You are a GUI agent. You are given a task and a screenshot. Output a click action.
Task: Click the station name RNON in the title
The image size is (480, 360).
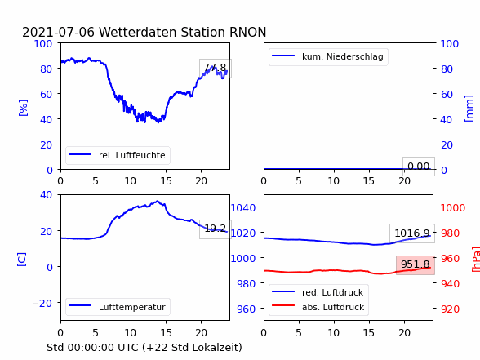coord(247,32)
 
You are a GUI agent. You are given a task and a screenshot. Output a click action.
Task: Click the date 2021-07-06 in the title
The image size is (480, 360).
coord(58,32)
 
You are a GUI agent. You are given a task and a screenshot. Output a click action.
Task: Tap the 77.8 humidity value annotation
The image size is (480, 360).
coord(215,67)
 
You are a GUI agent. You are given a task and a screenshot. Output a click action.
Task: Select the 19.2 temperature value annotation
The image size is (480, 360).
coord(216,229)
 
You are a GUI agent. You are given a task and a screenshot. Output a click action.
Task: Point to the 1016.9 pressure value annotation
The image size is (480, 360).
coord(412,233)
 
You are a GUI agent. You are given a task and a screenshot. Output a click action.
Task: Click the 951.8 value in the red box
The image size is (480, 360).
coord(415,264)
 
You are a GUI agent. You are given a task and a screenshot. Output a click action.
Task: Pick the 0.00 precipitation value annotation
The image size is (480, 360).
coord(419,167)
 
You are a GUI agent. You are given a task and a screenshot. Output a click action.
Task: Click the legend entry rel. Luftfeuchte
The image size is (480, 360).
coord(118,155)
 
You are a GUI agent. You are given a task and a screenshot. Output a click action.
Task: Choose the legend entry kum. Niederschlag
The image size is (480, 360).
coord(328,56)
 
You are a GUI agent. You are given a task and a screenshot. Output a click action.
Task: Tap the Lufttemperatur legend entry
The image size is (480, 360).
coord(118,307)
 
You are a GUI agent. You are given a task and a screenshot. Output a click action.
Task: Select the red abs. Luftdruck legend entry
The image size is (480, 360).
coord(318,307)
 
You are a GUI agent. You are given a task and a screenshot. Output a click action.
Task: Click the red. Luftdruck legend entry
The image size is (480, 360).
coord(318,292)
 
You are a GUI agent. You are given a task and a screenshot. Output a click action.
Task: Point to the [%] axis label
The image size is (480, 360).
coord(23,108)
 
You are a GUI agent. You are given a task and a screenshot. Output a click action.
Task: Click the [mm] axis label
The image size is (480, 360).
coord(469,109)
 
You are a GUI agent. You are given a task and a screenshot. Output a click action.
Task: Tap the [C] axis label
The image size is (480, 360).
coord(21,260)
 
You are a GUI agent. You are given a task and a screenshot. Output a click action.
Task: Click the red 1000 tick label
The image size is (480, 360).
coord(453,208)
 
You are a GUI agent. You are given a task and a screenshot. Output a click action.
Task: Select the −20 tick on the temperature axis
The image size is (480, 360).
coord(42,304)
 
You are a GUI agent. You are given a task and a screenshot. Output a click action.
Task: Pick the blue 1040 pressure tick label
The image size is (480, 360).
coord(243,208)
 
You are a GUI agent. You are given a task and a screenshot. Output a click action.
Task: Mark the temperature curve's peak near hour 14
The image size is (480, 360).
coord(158,201)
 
